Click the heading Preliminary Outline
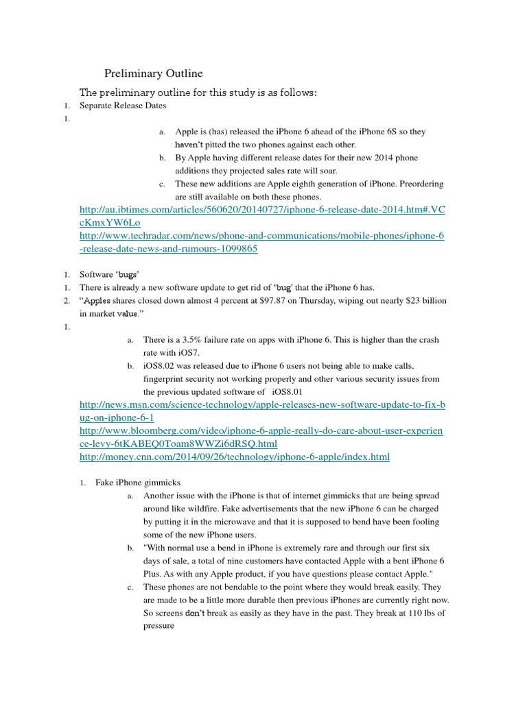pos(153,73)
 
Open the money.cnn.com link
pos(235,457)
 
